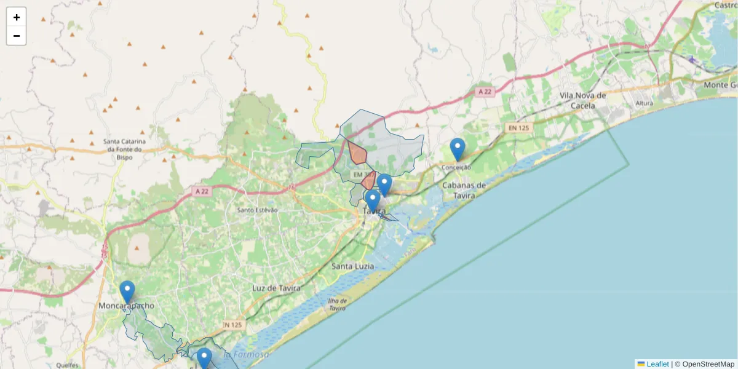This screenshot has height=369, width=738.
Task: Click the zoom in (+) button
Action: [x=17, y=17]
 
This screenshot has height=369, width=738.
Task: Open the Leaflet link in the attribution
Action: [x=657, y=364]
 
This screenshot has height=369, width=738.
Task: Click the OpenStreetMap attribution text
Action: [x=708, y=364]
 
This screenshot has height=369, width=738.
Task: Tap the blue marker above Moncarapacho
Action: [x=127, y=292]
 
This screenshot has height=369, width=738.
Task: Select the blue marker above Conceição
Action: [x=457, y=149]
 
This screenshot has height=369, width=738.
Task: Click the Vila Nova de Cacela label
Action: [x=583, y=100]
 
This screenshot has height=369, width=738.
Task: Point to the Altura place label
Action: [x=644, y=103]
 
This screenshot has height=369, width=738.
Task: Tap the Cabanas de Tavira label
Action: [x=464, y=190]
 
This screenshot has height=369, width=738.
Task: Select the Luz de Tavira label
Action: [x=276, y=288]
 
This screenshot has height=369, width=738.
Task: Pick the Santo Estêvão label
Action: [x=258, y=210]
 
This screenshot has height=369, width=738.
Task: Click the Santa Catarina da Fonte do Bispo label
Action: [x=124, y=145]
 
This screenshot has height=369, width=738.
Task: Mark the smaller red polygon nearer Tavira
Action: [x=369, y=181]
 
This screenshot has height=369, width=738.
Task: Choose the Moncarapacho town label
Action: [x=127, y=306]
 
